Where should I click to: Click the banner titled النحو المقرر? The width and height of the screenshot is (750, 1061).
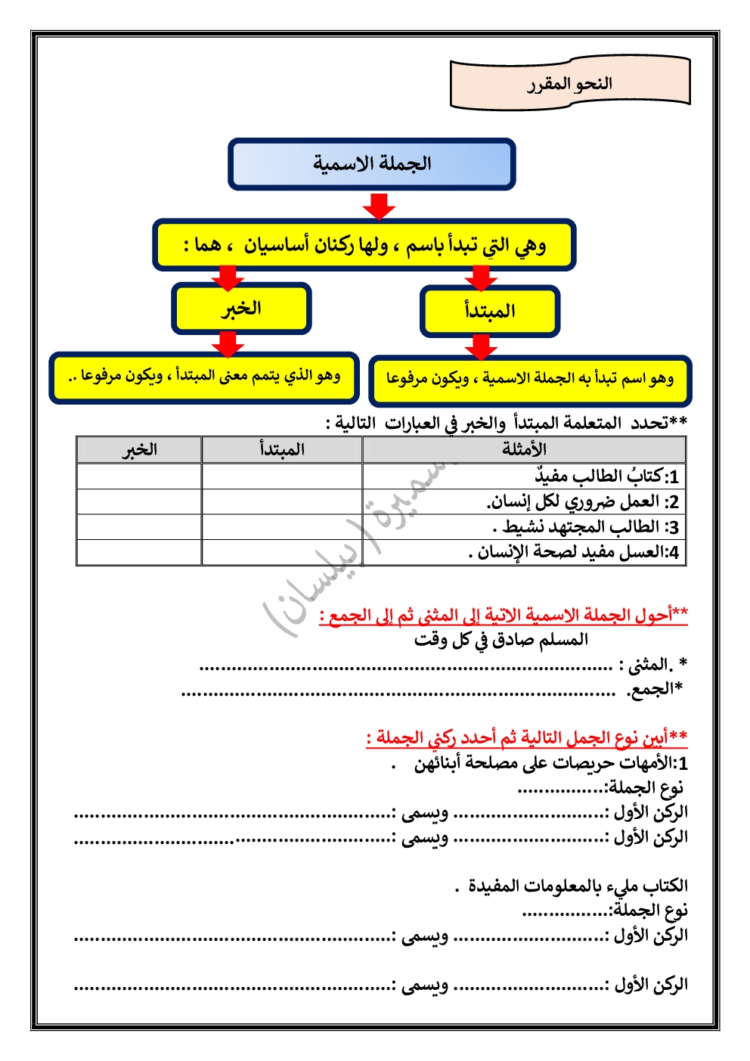(570, 83)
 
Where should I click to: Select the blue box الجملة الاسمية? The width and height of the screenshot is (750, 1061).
(372, 163)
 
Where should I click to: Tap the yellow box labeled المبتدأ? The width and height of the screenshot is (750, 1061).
(490, 311)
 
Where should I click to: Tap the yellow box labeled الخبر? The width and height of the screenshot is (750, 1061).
(241, 309)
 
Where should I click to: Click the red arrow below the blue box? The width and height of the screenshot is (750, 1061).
(379, 205)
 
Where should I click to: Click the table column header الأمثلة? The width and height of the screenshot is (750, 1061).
(524, 450)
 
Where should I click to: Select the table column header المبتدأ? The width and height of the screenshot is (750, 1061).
(282, 450)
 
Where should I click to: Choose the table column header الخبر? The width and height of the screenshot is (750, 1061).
(139, 450)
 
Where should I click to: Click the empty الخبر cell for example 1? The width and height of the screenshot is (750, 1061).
(139, 476)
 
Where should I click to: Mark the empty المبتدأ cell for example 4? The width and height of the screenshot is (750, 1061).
(282, 552)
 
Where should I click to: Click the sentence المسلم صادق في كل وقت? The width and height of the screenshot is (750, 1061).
(501, 641)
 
